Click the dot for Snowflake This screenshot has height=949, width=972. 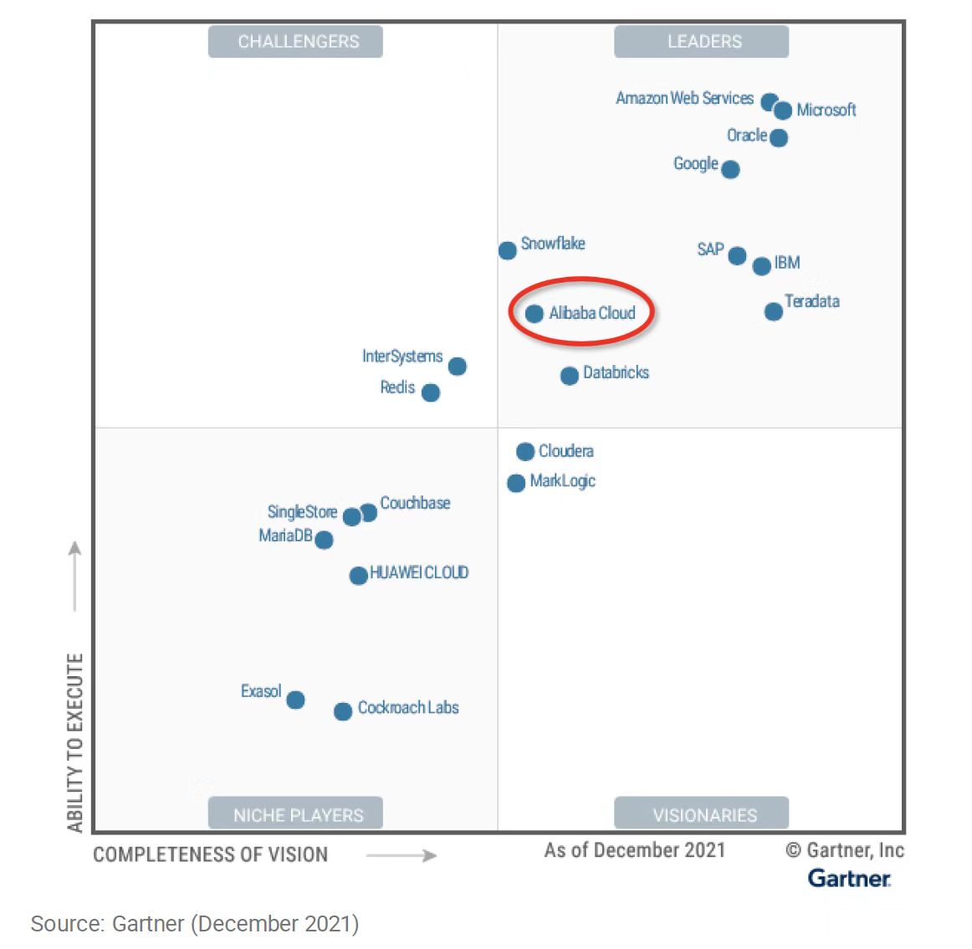click(x=507, y=250)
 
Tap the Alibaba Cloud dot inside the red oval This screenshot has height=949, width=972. click(x=534, y=314)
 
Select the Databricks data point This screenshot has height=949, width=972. click(x=569, y=376)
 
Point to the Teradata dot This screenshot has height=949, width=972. click(x=773, y=312)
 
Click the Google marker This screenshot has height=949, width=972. click(x=730, y=170)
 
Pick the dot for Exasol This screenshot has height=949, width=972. click(x=295, y=700)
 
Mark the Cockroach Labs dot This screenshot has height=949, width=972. click(x=342, y=711)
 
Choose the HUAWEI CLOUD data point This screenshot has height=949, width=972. click(x=358, y=576)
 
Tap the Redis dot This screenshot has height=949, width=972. click(x=431, y=392)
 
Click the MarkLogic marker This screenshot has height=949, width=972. click(x=516, y=483)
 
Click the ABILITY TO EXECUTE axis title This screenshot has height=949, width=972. click(x=75, y=742)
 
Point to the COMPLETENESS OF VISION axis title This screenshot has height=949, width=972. click(x=210, y=854)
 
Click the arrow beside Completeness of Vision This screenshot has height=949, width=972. click(x=402, y=855)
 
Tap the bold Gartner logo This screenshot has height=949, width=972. click(x=848, y=878)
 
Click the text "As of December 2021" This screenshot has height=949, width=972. click(x=634, y=850)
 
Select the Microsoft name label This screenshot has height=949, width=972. click(x=826, y=110)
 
